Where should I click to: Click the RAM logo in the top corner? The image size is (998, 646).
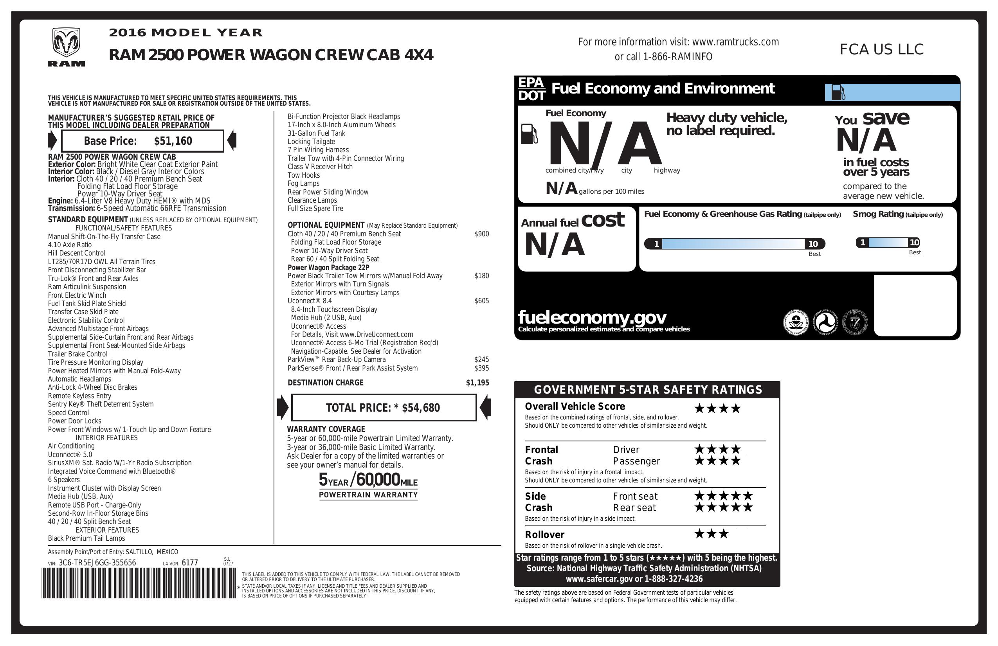(x=66, y=47)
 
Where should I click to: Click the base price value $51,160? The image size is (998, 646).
(x=173, y=141)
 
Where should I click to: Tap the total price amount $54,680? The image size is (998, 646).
(x=421, y=408)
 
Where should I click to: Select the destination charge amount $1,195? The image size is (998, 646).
(x=477, y=383)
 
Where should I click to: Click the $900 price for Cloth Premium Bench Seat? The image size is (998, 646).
(x=481, y=234)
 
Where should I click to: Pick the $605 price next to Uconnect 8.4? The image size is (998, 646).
(x=481, y=301)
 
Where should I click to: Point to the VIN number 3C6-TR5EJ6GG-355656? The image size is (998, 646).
(x=97, y=563)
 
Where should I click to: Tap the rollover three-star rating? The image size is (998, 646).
(x=712, y=534)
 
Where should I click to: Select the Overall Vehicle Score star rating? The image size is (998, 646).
(x=717, y=408)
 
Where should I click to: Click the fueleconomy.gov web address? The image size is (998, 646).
(x=592, y=317)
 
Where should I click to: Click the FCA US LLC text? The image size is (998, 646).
(x=881, y=49)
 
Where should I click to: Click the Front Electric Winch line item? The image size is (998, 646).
(x=77, y=295)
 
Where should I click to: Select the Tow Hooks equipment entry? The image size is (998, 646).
(x=304, y=175)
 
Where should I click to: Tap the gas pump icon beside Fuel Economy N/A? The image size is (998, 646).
(x=529, y=134)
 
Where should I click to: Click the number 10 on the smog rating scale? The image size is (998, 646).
(x=914, y=242)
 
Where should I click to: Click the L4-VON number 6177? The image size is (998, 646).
(x=189, y=563)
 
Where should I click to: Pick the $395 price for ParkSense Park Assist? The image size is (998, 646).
(x=481, y=368)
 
